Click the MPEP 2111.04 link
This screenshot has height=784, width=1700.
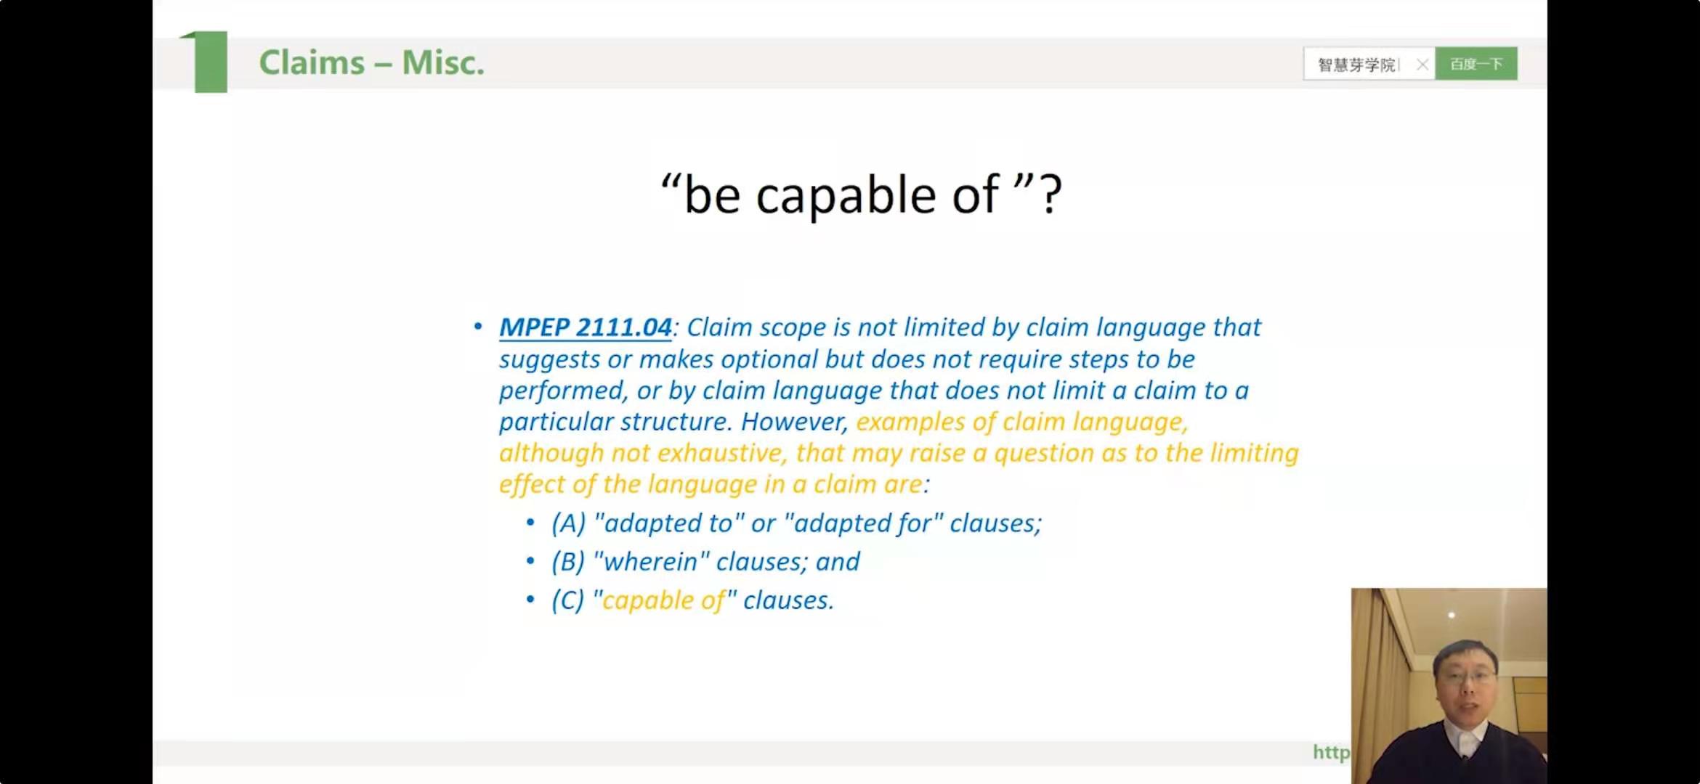(585, 327)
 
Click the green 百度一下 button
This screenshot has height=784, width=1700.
(1476, 64)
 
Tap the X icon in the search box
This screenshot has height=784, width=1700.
(1422, 65)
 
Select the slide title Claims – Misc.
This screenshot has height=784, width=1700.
(371, 62)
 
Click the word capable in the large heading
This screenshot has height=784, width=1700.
(846, 196)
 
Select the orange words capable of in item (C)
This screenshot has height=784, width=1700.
(664, 601)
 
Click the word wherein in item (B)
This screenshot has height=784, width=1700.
(651, 562)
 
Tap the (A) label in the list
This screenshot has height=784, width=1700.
(568, 523)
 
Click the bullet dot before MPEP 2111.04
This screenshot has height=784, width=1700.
(477, 327)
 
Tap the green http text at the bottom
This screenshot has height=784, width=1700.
(1331, 753)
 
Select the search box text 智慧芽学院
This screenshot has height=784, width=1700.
(1356, 65)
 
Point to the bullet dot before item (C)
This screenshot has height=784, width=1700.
(530, 600)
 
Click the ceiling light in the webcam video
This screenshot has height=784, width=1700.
(1452, 615)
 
